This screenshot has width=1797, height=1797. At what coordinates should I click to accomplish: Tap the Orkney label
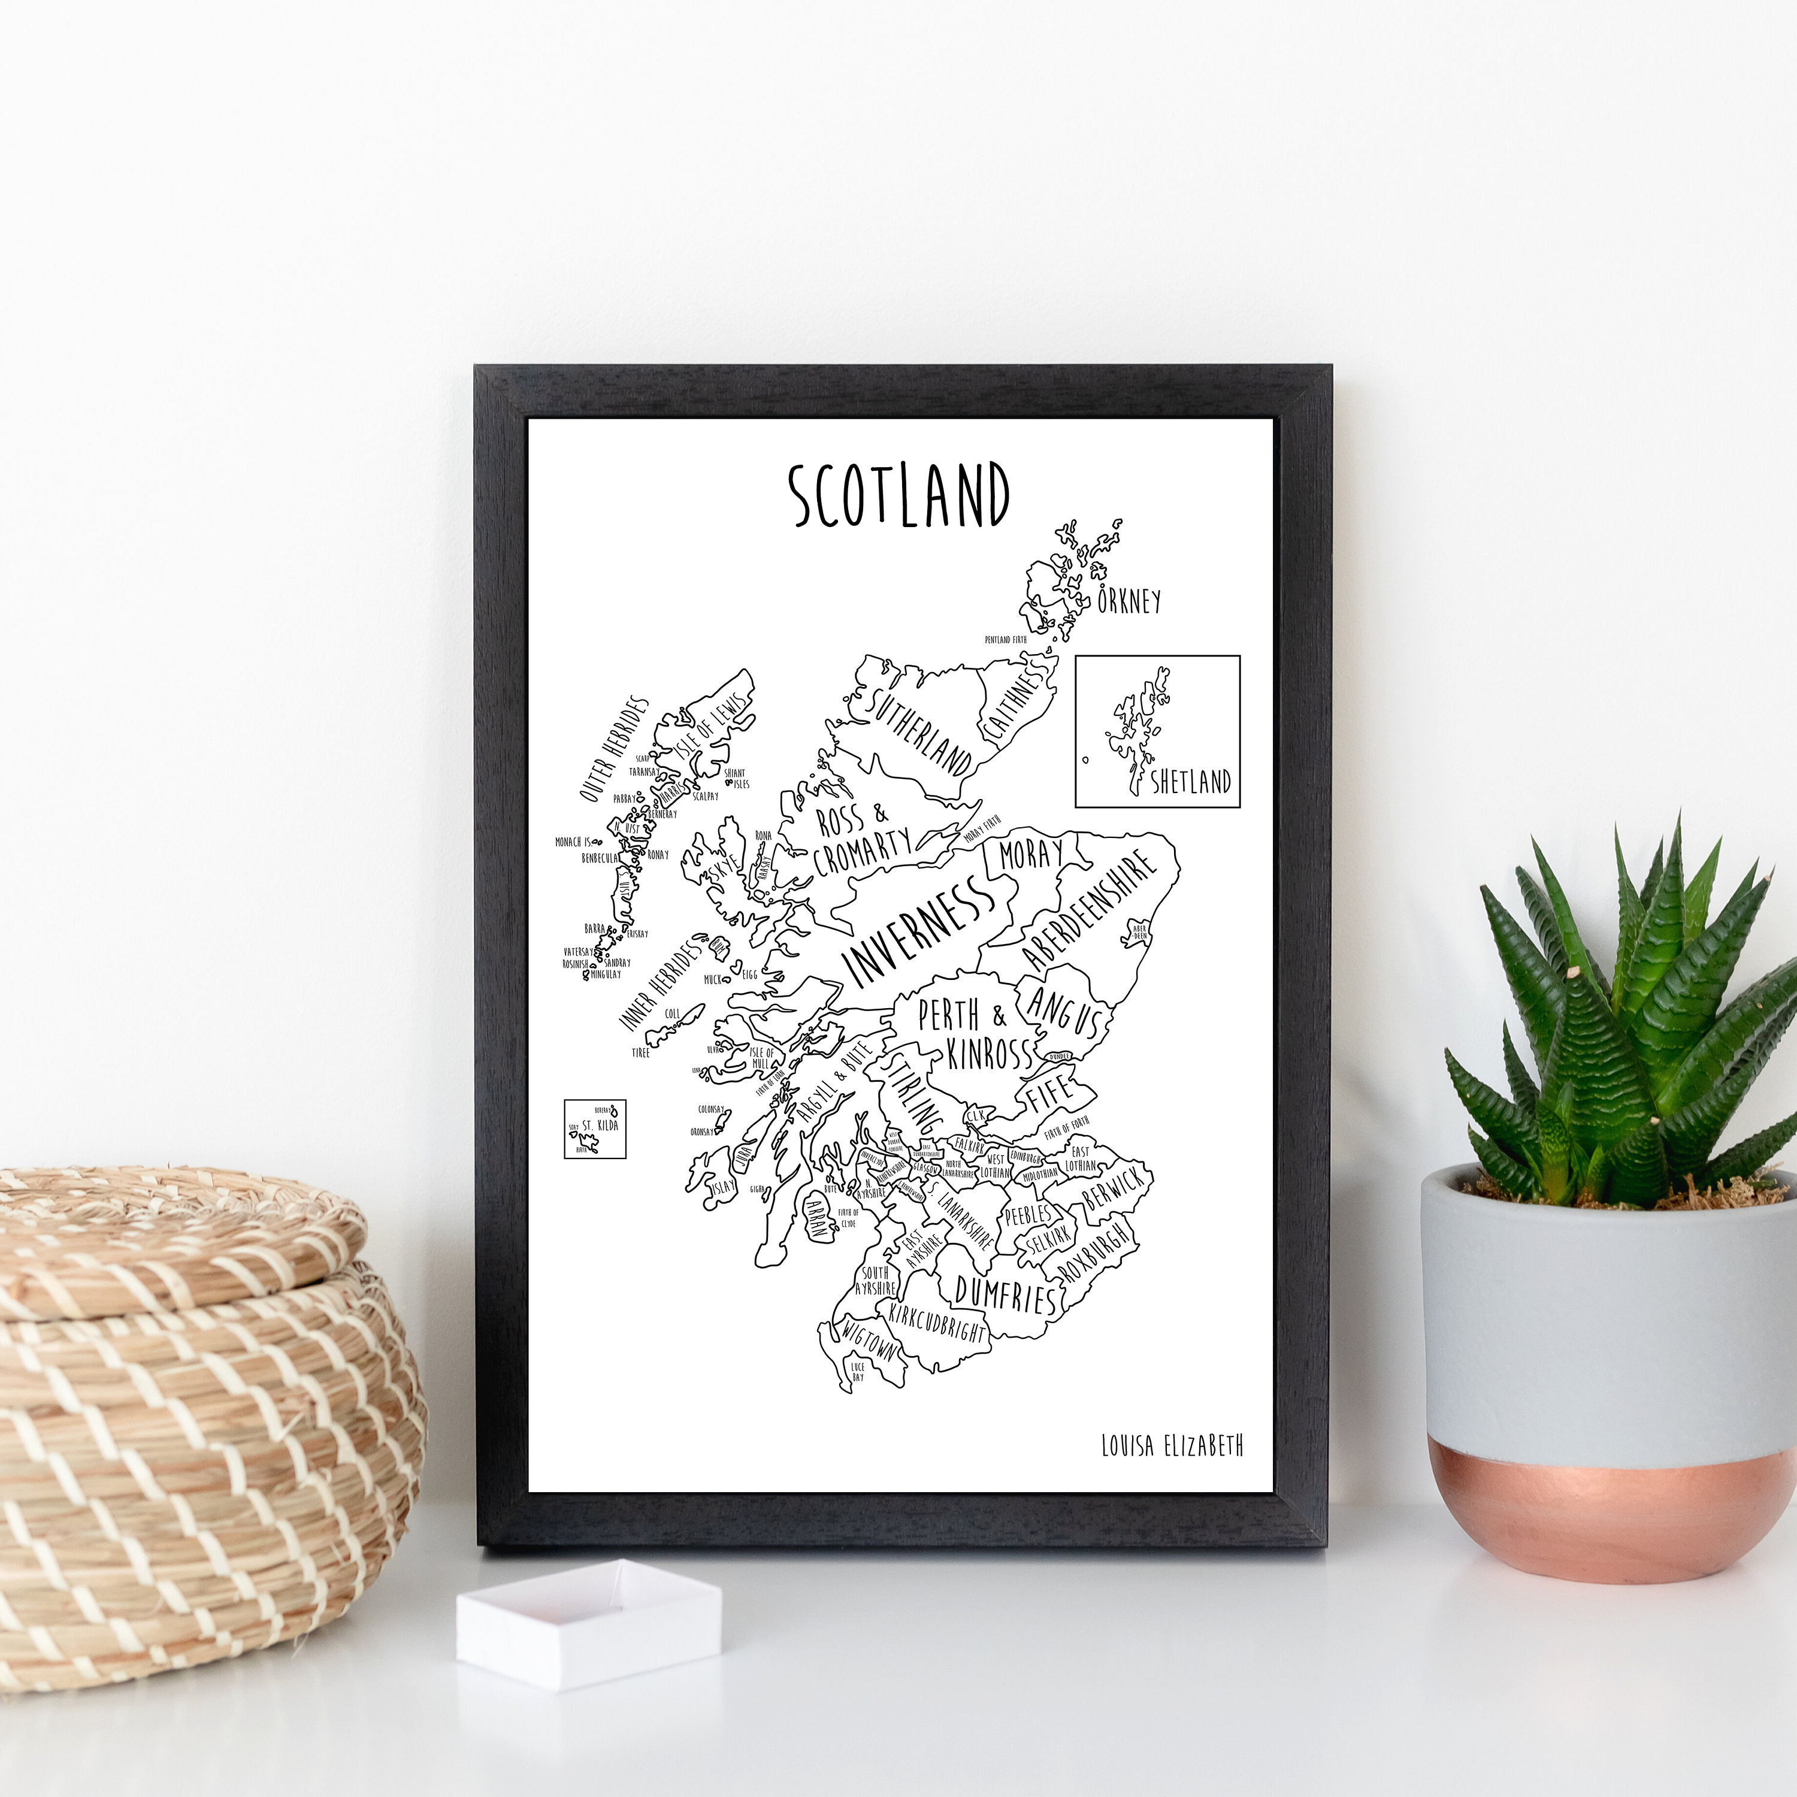point(1129,601)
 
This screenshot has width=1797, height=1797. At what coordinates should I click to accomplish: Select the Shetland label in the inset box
point(1191,781)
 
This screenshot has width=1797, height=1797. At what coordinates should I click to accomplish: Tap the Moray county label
point(1030,853)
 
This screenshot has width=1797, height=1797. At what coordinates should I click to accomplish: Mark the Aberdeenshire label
point(1089,910)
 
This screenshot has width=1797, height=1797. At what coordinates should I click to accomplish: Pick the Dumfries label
point(1005,1293)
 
